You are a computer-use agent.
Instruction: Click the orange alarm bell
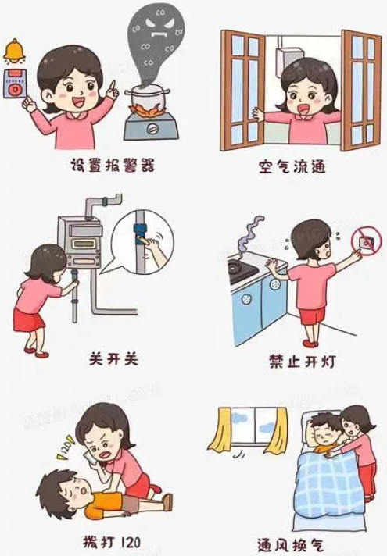click(x=15, y=50)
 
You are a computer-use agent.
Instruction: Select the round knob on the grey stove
click(x=153, y=127)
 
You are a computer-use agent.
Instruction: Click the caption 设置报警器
click(x=113, y=165)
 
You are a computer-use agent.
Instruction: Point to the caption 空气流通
click(x=292, y=166)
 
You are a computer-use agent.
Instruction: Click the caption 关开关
click(x=113, y=359)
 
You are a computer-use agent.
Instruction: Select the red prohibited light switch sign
click(x=366, y=241)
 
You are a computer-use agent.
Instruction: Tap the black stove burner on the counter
click(x=242, y=271)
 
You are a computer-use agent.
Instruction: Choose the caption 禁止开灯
click(x=302, y=362)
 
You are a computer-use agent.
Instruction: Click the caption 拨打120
click(x=111, y=541)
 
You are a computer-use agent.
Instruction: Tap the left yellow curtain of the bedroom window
click(x=220, y=429)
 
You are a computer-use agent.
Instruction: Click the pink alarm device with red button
click(x=15, y=84)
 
